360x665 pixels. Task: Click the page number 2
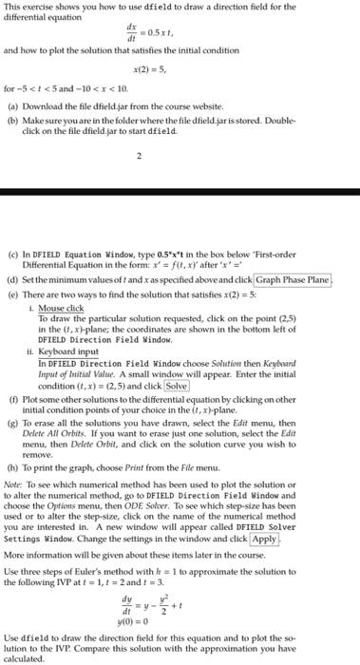140,181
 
